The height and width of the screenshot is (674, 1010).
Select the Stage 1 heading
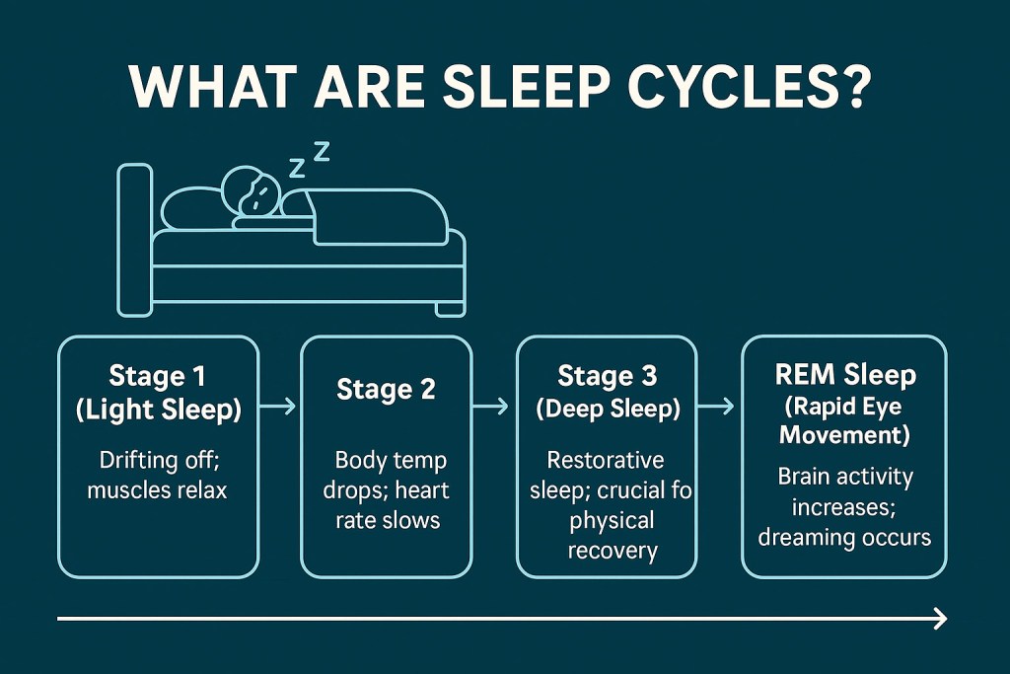pos(158,378)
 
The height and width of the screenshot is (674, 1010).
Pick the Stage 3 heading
pos(608,377)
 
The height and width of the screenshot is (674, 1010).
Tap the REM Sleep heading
pos(844,375)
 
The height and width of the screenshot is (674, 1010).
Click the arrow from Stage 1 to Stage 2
pos(280,405)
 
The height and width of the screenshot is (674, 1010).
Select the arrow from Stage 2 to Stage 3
pos(490,405)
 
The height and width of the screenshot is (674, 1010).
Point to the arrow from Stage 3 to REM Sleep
pos(718,405)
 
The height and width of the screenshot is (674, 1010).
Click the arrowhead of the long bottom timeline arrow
pos(940,619)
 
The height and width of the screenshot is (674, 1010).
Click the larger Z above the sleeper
pos(321,150)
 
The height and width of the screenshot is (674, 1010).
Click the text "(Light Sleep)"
pos(158,411)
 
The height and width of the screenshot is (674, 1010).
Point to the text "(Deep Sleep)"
pos(608,410)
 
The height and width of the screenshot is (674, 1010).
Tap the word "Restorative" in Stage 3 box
pos(606,460)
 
